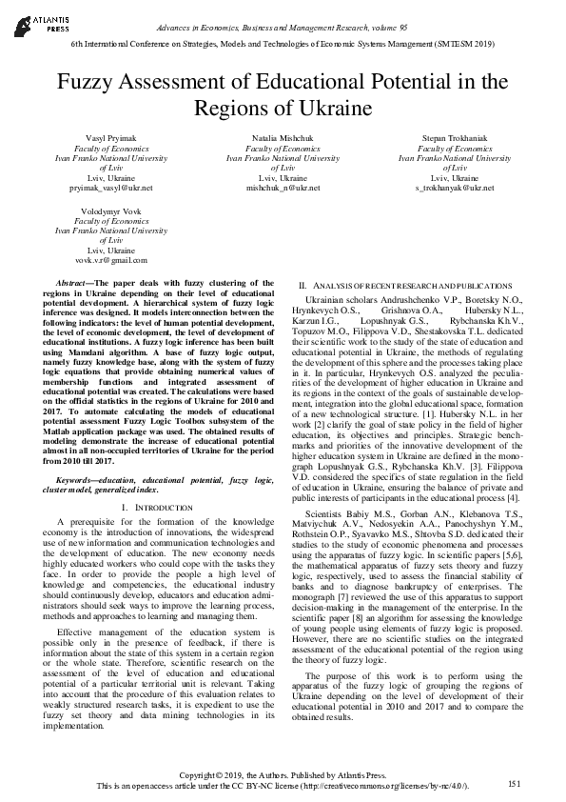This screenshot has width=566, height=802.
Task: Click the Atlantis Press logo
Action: click(x=32, y=20)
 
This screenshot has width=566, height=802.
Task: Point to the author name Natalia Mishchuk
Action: click(x=283, y=139)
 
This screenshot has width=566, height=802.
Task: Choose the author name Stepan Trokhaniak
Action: click(x=454, y=139)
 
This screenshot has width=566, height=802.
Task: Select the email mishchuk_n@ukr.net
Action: click(x=283, y=189)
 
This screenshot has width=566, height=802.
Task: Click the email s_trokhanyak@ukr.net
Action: click(x=454, y=189)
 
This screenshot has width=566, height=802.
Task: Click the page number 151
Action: click(x=515, y=783)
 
